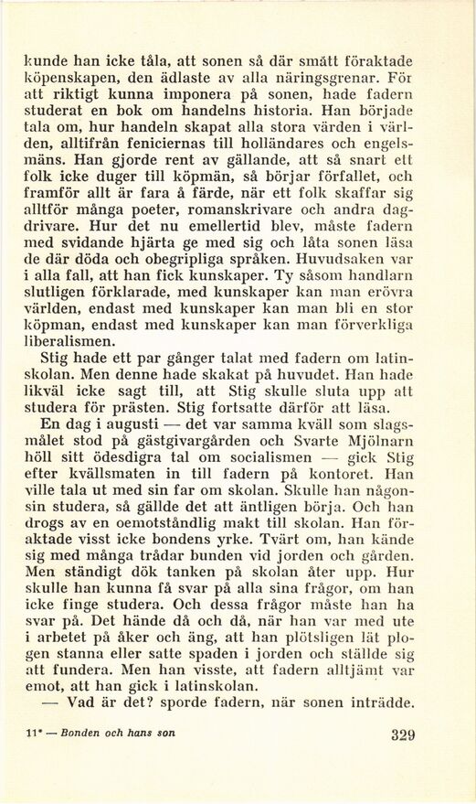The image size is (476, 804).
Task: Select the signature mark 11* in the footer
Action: (37, 733)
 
